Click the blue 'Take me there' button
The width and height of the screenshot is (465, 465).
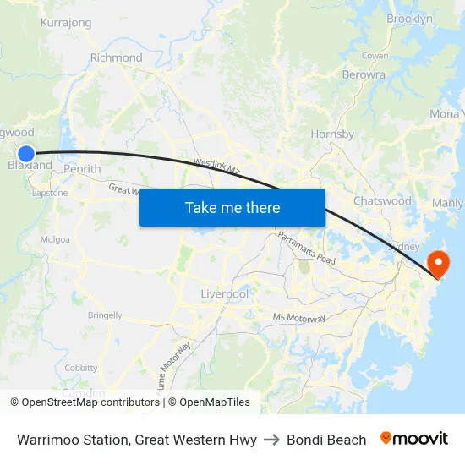click(x=232, y=207)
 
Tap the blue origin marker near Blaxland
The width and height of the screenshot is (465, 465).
click(x=26, y=154)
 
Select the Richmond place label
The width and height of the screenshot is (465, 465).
click(x=116, y=58)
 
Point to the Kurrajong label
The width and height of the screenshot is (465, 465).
click(x=65, y=23)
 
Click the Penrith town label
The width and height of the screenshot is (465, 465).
click(x=82, y=169)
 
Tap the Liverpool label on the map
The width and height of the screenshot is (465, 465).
click(x=224, y=293)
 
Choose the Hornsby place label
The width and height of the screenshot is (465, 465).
click(x=332, y=134)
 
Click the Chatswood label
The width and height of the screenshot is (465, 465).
click(x=382, y=201)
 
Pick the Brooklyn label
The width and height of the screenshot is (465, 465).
click(x=409, y=19)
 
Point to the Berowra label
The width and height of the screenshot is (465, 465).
click(x=364, y=74)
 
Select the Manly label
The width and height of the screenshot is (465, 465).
click(x=447, y=203)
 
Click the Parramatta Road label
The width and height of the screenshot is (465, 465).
click(x=306, y=248)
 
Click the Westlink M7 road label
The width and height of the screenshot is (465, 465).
click(x=217, y=165)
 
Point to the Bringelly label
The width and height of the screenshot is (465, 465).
click(x=105, y=315)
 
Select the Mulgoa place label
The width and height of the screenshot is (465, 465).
click(x=55, y=239)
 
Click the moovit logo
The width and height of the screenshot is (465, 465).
click(x=413, y=439)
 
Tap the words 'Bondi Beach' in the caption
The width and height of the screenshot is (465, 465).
click(x=326, y=440)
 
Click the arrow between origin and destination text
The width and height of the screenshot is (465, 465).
click(x=271, y=440)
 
